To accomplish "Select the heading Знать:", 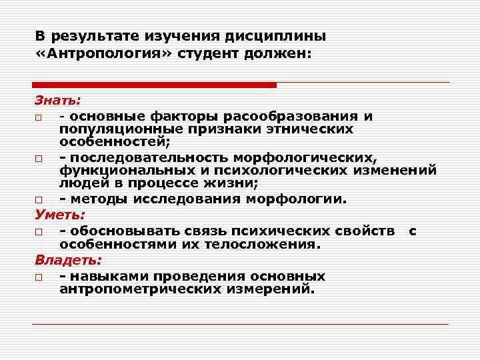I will (57, 101).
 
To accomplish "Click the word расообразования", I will (297, 117).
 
